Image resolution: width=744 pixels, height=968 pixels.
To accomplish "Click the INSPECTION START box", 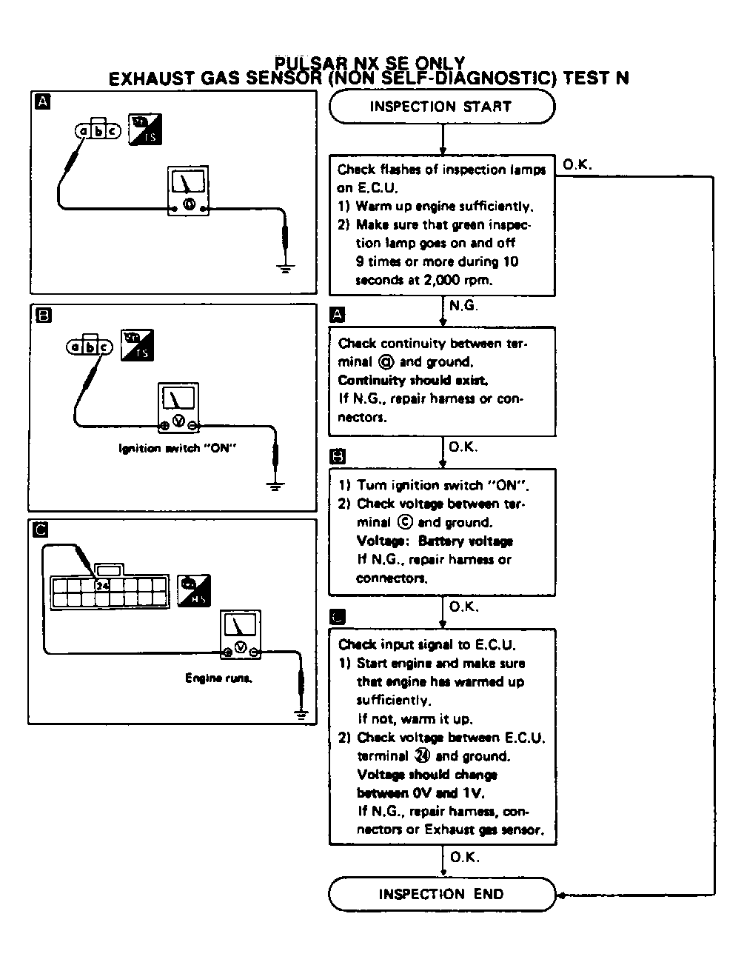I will [x=441, y=107].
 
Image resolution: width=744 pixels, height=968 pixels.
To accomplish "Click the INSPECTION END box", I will [x=441, y=894].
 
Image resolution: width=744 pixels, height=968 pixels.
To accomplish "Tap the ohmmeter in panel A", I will [x=189, y=191].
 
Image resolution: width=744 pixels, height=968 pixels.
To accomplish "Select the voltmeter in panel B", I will [x=178, y=407].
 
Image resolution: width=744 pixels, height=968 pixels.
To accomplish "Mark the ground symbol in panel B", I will [x=275, y=487].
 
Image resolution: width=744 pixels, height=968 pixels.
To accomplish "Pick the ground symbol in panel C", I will [x=301, y=713].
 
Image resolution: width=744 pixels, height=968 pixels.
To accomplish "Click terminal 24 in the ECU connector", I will [x=102, y=585].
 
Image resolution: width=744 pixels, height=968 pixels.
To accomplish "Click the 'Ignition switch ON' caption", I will [x=178, y=449].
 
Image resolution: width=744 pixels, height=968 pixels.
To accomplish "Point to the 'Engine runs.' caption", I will [x=218, y=678].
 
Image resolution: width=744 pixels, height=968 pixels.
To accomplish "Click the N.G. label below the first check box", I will [x=463, y=304].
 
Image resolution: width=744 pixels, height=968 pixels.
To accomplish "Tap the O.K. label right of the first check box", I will [x=577, y=165].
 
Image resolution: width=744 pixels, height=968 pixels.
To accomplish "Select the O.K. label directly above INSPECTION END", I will [x=464, y=857].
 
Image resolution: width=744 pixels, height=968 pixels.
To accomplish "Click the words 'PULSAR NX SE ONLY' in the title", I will [x=370, y=64].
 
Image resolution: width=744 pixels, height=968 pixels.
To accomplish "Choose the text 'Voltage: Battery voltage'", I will [x=435, y=541].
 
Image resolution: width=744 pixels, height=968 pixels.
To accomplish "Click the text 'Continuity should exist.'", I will [x=413, y=381].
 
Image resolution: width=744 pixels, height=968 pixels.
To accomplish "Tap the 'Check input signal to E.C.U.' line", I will [x=427, y=645].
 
